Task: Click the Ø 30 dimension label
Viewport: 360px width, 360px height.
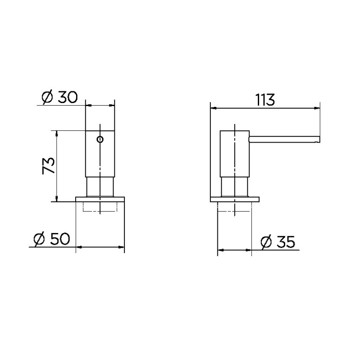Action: (x=60, y=97)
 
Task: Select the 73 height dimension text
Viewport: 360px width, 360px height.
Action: (x=49, y=166)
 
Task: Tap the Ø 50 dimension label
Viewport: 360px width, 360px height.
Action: (x=52, y=239)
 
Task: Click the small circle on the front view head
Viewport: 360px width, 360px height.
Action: (x=100, y=140)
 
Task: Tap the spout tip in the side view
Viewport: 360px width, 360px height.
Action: (x=318, y=139)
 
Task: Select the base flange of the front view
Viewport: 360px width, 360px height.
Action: (x=100, y=199)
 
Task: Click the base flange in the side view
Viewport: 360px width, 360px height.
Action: (x=235, y=199)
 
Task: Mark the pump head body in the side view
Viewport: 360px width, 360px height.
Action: (x=234, y=153)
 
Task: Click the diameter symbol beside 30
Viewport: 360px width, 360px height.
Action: (x=47, y=98)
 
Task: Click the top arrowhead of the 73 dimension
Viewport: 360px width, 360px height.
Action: (x=57, y=132)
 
